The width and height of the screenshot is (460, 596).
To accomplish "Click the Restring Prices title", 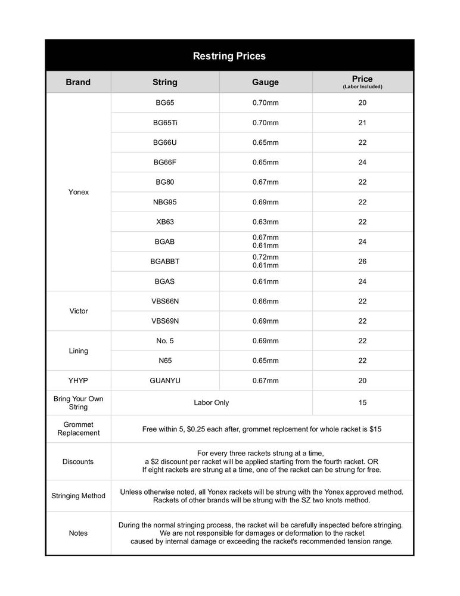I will pos(229,56).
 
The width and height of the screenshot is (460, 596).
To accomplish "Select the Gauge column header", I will pos(265,82).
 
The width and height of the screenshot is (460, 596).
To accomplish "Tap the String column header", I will pos(165,82).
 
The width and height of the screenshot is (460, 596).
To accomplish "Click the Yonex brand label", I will pos(78,193).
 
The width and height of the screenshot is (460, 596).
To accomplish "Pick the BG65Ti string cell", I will pos(165,123).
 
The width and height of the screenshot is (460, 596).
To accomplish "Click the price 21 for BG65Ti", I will pos(362,123).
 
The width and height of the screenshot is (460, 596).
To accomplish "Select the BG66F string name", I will pos(165,162).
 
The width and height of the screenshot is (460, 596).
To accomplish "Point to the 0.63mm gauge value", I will pos(265,222).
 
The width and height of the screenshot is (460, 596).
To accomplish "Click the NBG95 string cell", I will pos(165,202).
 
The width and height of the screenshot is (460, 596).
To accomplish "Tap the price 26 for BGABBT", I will pos(362,262).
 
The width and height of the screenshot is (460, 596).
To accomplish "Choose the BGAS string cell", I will pos(165,281).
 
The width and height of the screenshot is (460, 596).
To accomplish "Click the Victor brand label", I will pos(78,311).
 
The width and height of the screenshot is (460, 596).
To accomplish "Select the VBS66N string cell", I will pos(165,301).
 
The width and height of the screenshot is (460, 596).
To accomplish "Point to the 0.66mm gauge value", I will pos(265,301).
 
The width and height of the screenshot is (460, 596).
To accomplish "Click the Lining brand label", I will pos(78,351).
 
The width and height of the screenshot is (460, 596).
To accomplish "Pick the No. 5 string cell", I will pos(165,341).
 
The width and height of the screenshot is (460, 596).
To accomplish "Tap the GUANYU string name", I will pos(165,380).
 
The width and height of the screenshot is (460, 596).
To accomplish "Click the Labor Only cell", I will pos(212,403).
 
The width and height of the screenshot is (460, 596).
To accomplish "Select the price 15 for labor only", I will pos(362,403).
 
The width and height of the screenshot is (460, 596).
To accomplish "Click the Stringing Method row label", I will pos(78,496).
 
